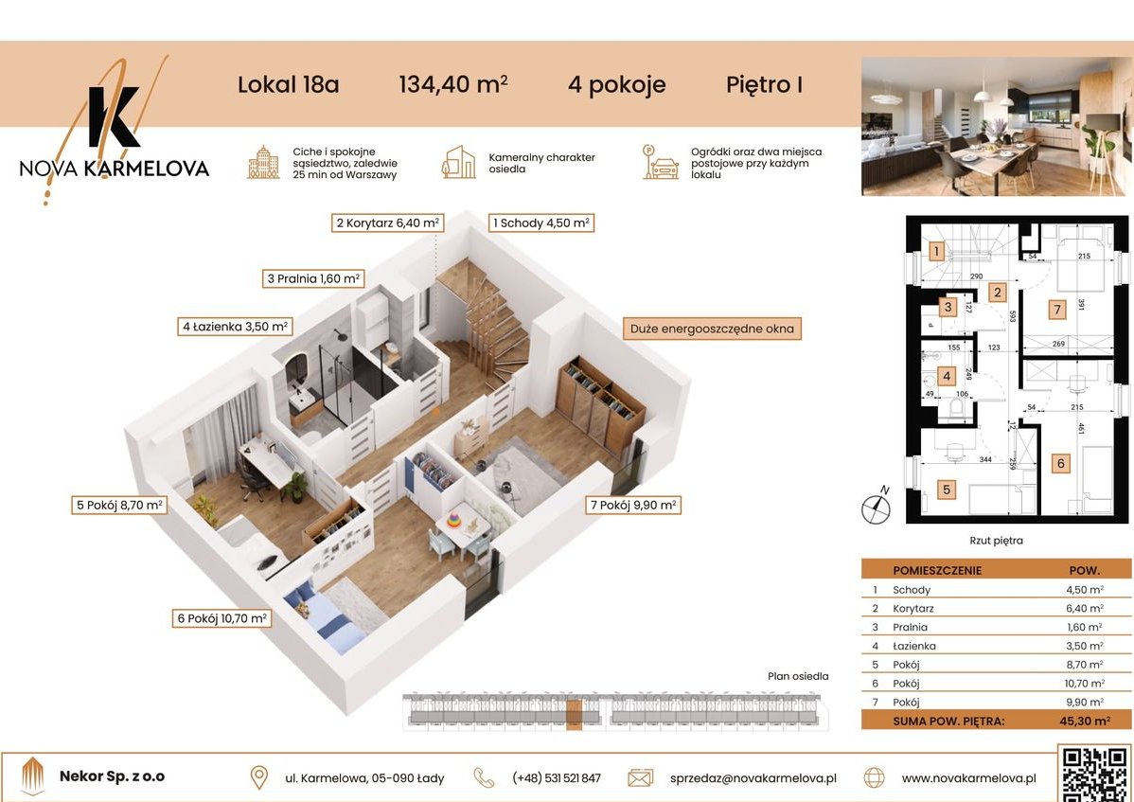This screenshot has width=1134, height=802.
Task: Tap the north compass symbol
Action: (876, 508)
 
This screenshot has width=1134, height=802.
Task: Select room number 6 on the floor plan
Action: (1061, 463)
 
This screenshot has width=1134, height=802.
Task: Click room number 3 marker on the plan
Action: (947, 306)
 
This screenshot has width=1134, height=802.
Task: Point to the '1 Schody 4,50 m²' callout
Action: (540, 223)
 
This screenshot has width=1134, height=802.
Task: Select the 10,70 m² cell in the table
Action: (1083, 683)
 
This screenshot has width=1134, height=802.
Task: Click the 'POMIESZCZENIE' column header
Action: (937, 571)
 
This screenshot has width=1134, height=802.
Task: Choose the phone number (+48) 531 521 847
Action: (556, 778)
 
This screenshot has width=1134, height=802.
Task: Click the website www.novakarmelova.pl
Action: (967, 778)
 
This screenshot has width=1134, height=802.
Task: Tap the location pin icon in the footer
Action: (258, 777)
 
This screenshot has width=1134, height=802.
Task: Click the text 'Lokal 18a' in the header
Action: (288, 85)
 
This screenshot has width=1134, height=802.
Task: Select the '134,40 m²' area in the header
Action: (453, 85)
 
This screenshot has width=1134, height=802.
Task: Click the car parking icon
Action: (661, 163)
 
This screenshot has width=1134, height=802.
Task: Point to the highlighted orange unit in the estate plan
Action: (574, 714)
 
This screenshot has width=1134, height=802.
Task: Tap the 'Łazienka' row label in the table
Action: (910, 646)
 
